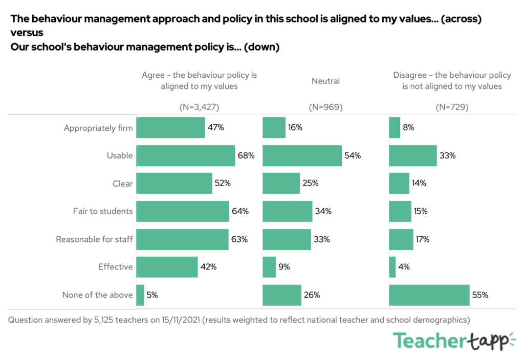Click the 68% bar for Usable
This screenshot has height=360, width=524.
[x=186, y=155]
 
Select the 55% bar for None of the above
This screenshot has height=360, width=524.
[x=429, y=295]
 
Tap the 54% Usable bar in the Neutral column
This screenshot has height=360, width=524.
[x=302, y=155]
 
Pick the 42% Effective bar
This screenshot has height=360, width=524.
[x=167, y=267]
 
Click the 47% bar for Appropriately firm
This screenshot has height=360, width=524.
[x=170, y=128]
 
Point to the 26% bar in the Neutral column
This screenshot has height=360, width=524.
[x=281, y=295]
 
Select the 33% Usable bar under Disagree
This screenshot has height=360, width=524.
[x=412, y=155]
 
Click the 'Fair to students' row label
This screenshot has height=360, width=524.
[x=103, y=211]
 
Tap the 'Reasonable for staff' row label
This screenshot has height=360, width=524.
[x=94, y=239]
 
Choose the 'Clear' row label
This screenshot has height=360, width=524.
[x=122, y=183]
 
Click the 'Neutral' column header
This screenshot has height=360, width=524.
[x=325, y=81]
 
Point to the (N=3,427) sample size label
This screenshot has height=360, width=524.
[x=199, y=107]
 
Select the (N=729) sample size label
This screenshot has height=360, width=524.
[x=452, y=107]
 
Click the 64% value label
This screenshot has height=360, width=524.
[x=240, y=211]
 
